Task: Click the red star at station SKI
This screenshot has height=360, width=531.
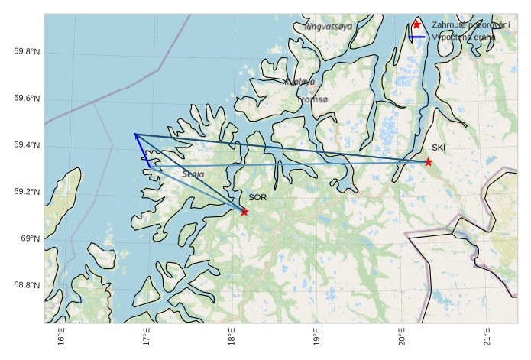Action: point(429,162)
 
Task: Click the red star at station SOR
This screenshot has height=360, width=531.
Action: point(244,212)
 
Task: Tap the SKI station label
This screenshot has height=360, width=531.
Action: point(439,148)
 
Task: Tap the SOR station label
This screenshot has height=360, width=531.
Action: point(257,198)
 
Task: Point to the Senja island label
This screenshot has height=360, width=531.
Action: point(193,174)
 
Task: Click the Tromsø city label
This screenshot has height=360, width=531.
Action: point(312,99)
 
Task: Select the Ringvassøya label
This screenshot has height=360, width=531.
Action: point(329,26)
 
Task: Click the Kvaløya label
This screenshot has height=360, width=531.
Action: point(299,82)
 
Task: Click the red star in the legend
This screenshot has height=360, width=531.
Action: point(416,24)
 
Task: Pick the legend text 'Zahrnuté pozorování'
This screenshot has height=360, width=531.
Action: point(469,24)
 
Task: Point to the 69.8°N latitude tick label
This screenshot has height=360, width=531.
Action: point(27,52)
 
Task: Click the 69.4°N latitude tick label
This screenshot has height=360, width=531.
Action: point(27,145)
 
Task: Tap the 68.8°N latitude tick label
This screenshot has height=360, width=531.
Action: point(27,285)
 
